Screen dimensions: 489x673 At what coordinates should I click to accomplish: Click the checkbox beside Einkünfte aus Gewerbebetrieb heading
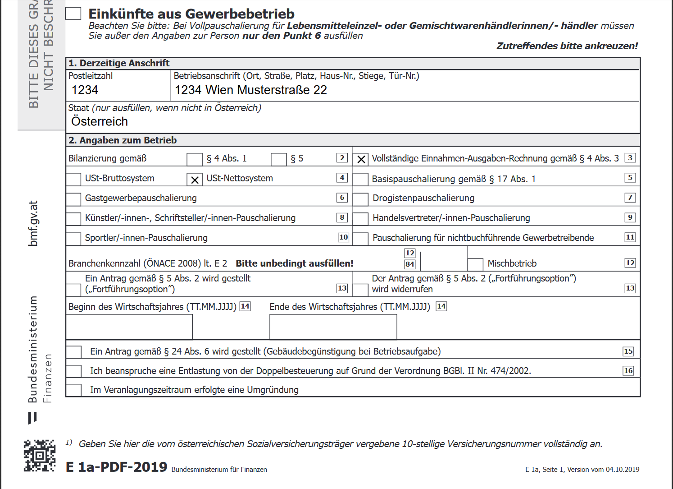pos(73,14)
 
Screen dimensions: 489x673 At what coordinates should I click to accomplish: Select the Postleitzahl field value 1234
pos(85,90)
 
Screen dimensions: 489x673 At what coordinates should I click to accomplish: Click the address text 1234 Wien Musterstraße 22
pos(250,90)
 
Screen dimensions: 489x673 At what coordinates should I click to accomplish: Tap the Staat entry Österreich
pos(100,121)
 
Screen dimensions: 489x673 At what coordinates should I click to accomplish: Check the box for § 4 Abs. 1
pos(194,159)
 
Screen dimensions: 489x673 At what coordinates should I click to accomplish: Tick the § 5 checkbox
pos(278,159)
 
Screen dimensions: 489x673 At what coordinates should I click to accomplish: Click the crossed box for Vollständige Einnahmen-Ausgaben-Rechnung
pos(361,159)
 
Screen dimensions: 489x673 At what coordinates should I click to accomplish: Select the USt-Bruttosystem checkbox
pos(73,179)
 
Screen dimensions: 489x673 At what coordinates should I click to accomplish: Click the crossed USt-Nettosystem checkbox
pos(195,180)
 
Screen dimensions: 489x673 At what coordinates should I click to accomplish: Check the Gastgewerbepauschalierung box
pos(73,199)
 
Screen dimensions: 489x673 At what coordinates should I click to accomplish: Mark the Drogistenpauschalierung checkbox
pos(360,199)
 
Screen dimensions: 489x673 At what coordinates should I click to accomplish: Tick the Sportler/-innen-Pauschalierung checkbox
pos(73,239)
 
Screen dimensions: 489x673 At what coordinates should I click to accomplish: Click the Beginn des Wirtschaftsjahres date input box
pos(129,327)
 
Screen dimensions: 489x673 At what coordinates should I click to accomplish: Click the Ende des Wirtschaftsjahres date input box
pos(333,327)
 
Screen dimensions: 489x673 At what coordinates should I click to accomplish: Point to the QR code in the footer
pos(40,455)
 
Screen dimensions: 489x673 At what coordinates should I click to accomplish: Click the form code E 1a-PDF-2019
pos(117,467)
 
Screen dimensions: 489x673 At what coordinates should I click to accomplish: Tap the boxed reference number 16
pos(628,371)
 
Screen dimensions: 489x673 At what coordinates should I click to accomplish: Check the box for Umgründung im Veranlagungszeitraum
pos(74,390)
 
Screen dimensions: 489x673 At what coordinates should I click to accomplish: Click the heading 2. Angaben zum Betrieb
pos(123,140)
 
